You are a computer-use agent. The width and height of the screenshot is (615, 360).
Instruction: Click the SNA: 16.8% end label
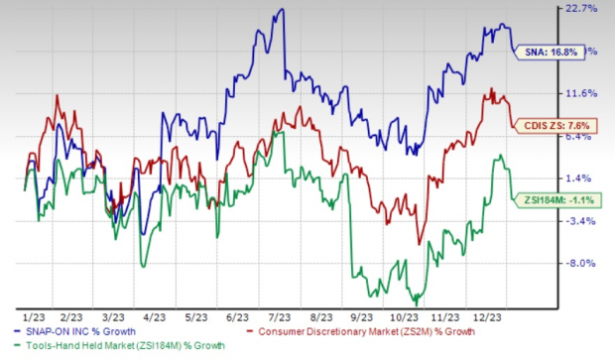click(x=549, y=52)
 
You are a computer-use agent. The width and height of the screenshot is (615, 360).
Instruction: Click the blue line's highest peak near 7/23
click(x=283, y=10)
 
